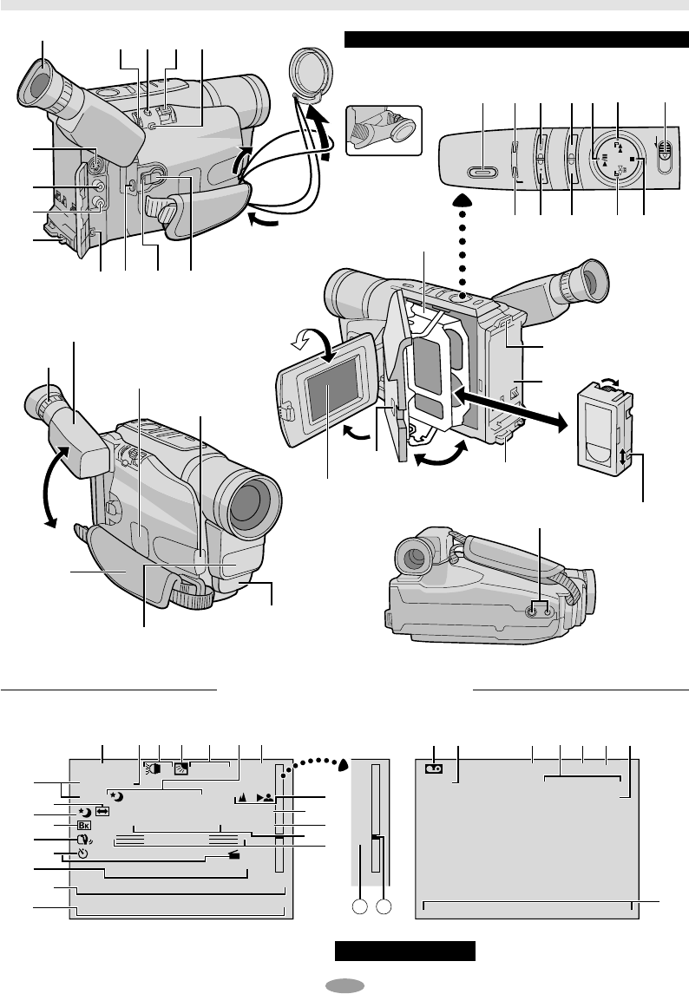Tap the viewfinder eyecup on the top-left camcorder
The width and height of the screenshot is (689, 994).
pos(41,86)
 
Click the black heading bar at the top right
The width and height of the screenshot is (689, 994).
pos(517,39)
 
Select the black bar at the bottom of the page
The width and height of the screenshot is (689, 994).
pos(406,951)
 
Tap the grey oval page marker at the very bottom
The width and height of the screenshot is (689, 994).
pos(344,984)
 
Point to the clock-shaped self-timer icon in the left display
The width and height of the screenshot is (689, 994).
pos(82,853)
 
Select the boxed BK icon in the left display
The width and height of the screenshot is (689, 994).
pos(84,826)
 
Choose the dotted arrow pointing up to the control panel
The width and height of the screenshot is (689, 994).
pos(463,244)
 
